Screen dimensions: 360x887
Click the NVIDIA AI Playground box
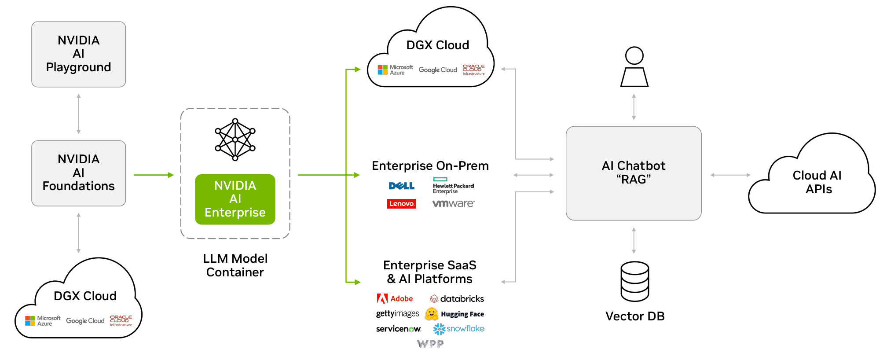(x=78, y=54)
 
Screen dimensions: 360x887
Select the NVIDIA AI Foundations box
(x=78, y=173)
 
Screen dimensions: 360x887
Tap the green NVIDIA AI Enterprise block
(x=235, y=199)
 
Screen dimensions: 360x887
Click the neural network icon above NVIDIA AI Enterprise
(x=235, y=140)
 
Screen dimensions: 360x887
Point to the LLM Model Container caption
(x=235, y=265)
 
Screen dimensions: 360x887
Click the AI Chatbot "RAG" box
(x=633, y=173)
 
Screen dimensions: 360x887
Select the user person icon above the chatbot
(x=634, y=67)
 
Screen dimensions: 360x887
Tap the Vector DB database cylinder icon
(x=634, y=281)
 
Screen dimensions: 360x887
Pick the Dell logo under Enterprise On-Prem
(x=401, y=186)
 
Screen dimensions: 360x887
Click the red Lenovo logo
(x=401, y=204)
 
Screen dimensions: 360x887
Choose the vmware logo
(x=453, y=204)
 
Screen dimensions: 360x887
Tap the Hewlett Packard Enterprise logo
(x=453, y=186)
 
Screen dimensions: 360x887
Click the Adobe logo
(x=395, y=299)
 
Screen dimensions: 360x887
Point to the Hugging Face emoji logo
(x=432, y=314)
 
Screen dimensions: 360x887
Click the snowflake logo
(x=458, y=329)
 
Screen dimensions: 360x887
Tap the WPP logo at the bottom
(x=430, y=344)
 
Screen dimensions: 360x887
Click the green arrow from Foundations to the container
(x=154, y=175)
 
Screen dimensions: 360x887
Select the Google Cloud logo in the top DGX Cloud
(x=437, y=70)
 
